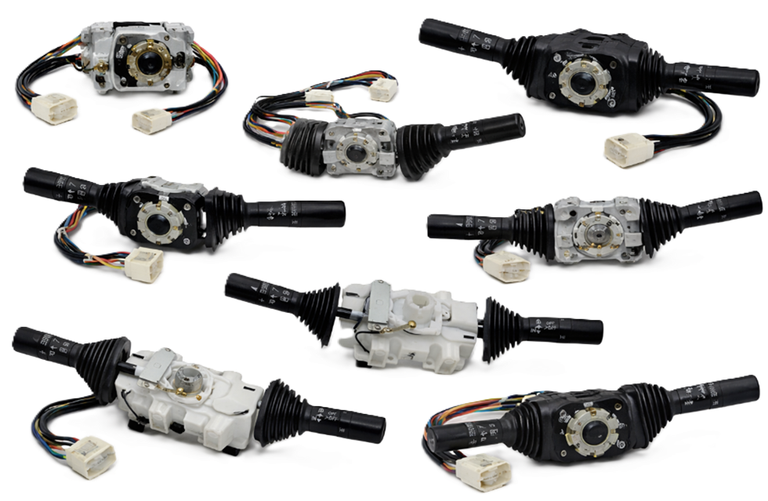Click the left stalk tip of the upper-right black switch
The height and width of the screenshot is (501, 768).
(429, 30)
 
